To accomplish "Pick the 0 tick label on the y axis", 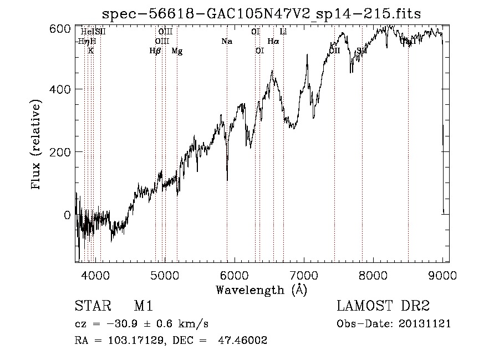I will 67,215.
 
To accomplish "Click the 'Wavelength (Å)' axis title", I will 261,290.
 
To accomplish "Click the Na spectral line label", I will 226,42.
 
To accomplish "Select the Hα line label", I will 273,42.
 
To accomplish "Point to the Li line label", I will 283,32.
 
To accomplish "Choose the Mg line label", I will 177,52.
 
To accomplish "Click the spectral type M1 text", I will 143,307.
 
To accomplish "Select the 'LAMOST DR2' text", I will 383,307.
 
